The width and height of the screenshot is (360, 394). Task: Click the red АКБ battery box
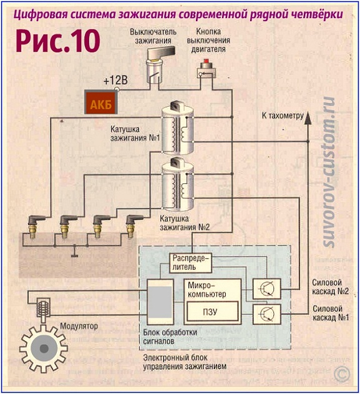point(101,102)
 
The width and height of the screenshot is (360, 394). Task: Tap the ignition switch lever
point(162,52)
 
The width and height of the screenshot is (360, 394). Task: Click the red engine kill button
point(207,61)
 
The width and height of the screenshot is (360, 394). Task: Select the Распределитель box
point(190,263)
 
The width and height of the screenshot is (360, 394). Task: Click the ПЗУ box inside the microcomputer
point(212,312)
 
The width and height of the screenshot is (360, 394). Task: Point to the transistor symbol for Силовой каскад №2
point(266,289)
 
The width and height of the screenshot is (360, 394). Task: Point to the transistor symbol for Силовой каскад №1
point(266,314)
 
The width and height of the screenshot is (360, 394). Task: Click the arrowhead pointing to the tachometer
point(308,118)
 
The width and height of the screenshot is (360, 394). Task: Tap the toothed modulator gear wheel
point(44,348)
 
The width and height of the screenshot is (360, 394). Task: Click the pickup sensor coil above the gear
point(43,307)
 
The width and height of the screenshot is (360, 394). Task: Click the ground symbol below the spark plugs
point(74,252)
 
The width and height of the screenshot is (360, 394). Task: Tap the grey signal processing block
point(160,302)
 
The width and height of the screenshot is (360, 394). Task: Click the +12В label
point(115,81)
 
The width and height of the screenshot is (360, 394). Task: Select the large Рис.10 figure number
point(58,41)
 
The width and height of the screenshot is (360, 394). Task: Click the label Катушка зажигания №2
point(185,223)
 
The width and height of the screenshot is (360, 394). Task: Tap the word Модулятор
point(79,326)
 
